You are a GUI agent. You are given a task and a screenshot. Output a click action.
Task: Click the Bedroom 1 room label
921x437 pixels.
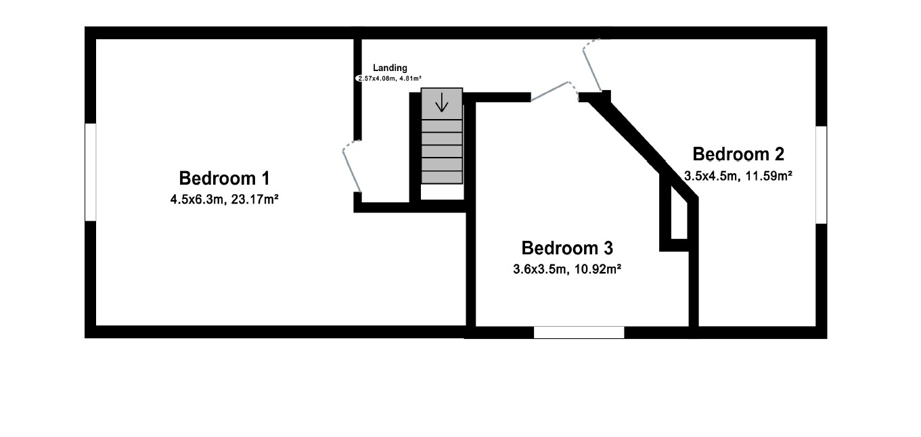(x=224, y=179)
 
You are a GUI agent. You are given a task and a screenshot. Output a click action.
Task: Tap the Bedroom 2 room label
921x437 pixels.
(x=738, y=154)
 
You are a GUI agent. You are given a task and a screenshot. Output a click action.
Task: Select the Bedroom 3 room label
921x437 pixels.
(x=567, y=248)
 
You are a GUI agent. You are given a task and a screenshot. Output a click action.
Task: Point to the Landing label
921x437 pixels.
(x=390, y=68)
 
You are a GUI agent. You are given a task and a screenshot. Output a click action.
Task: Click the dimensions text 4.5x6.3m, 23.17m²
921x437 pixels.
(x=224, y=200)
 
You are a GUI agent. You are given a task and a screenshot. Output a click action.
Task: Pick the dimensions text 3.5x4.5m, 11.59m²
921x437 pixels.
(x=738, y=175)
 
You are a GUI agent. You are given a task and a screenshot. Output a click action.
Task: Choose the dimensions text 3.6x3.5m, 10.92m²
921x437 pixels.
(x=567, y=269)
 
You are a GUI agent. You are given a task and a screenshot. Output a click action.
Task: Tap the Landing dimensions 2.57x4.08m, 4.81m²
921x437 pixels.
(x=389, y=78)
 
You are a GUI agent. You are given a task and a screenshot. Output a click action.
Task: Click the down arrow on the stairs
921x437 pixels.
(x=442, y=102)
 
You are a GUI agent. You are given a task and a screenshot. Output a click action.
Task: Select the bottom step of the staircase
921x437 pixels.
(x=442, y=177)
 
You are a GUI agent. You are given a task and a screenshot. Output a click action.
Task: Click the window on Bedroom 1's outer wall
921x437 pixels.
(x=90, y=172)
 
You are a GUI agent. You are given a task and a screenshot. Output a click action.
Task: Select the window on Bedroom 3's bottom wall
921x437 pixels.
(x=579, y=332)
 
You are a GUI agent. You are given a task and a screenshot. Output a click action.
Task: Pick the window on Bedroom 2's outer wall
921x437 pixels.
(x=821, y=175)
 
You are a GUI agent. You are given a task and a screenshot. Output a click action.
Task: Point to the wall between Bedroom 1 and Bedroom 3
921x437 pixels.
(x=470, y=271)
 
